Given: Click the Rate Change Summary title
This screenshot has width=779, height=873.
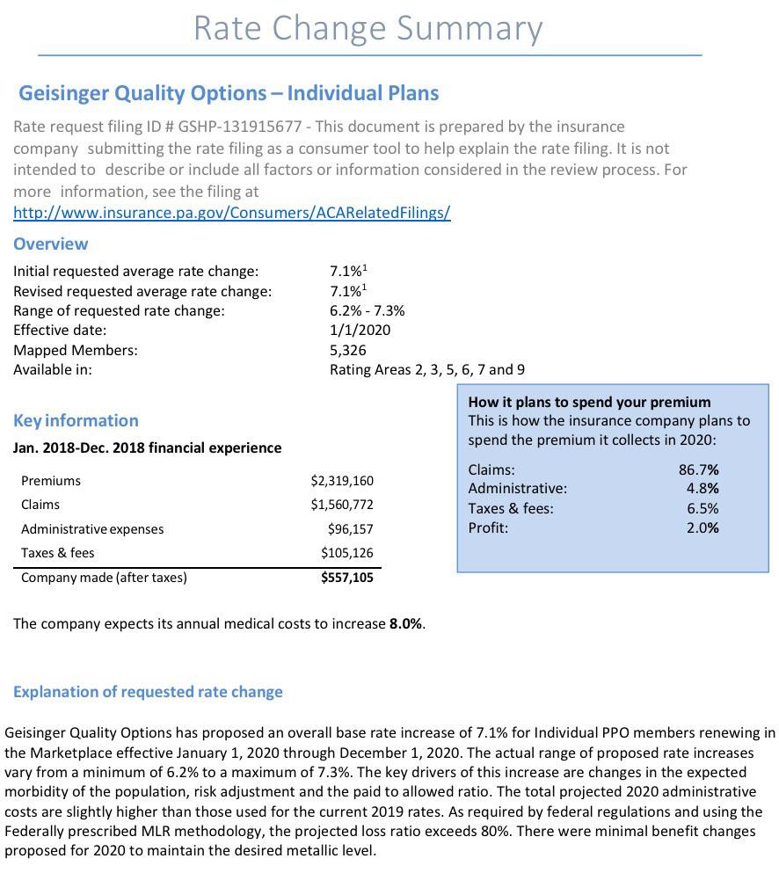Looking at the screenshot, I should tap(368, 28).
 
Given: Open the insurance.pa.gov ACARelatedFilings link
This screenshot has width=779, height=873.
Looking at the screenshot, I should tap(231, 213).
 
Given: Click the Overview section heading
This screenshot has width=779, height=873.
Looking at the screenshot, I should tap(50, 244).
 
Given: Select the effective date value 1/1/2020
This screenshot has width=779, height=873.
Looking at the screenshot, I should tap(360, 331).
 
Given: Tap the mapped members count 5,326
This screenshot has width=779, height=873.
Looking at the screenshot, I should tap(348, 350).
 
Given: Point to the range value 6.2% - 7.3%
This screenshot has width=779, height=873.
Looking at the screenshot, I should tap(367, 310).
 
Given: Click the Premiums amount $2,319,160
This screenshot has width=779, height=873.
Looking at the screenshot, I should tap(342, 481).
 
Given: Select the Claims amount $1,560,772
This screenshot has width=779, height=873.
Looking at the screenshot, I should tap(342, 505).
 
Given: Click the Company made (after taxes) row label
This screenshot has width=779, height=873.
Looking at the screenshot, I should tap(104, 578).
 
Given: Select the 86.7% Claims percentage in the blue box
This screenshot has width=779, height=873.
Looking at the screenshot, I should tap(698, 469).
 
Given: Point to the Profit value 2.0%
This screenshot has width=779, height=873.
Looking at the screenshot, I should tap(703, 528).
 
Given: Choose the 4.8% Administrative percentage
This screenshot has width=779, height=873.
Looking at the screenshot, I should tap(703, 489).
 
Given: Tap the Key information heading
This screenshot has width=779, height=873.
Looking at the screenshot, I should tap(76, 420).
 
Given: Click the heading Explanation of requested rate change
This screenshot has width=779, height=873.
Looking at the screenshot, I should tap(148, 692).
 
